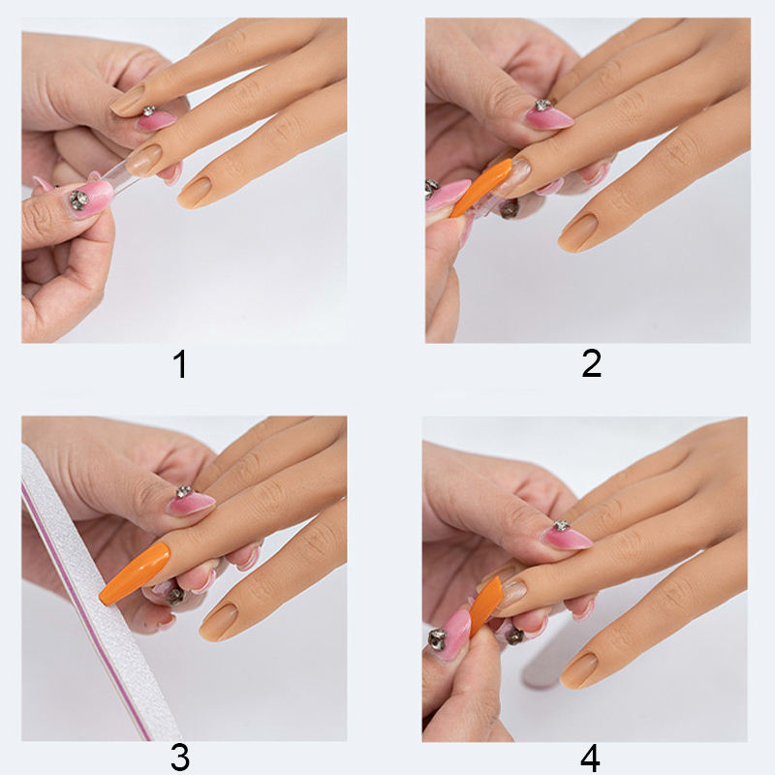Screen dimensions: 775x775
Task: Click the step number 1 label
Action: pyautogui.click(x=180, y=364)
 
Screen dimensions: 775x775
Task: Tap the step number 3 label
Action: pyautogui.click(x=180, y=758)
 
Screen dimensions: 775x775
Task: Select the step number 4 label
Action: pyautogui.click(x=590, y=758)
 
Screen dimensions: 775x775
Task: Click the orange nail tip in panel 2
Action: pyautogui.click(x=481, y=187)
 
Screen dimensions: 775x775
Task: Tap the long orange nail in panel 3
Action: pyautogui.click(x=134, y=573)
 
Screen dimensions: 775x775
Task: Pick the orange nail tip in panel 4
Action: pyautogui.click(x=485, y=606)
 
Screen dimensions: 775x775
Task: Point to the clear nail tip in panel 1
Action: pyautogui.click(x=118, y=177)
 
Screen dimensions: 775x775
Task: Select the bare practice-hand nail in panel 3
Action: pyautogui.click(x=219, y=622)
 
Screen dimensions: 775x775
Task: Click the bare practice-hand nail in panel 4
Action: pyautogui.click(x=578, y=669)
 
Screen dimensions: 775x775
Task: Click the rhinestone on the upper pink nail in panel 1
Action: pyautogui.click(x=149, y=111)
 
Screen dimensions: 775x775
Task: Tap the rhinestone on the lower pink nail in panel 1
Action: pyautogui.click(x=78, y=200)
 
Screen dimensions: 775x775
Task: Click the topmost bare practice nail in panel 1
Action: pyautogui.click(x=128, y=101)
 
